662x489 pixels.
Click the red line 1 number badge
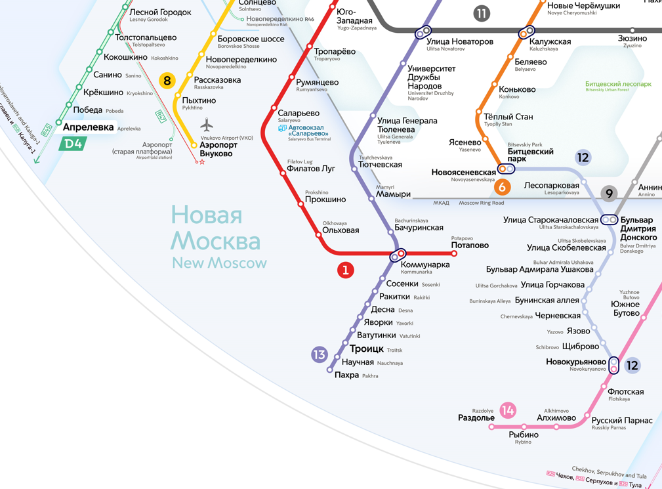click(345, 270)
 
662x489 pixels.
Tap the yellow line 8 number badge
click(167, 81)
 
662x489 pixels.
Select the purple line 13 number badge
click(320, 354)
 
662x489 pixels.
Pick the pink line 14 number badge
click(508, 410)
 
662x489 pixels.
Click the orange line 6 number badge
click(503, 187)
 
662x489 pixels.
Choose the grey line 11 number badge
click(482, 14)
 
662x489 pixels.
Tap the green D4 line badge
click(73, 143)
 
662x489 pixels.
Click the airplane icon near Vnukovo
click(207, 125)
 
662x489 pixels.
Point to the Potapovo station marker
click(454, 253)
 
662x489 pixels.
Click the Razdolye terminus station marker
click(492, 427)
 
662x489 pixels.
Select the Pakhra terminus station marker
click(330, 370)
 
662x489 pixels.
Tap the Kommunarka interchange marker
click(398, 255)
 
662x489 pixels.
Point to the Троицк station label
click(366, 349)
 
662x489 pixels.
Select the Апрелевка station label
click(88, 127)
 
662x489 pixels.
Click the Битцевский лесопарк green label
click(618, 85)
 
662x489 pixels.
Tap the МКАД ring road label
click(441, 203)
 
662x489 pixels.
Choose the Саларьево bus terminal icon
click(282, 129)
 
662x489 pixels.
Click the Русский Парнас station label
click(622, 420)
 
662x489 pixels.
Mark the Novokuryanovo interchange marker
click(613, 365)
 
